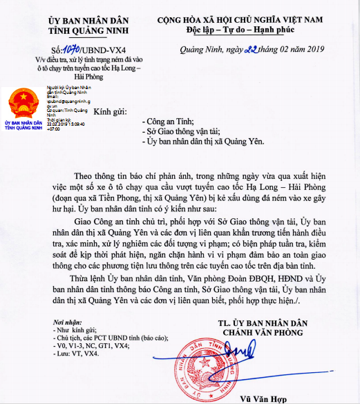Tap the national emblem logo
point(21,104)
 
